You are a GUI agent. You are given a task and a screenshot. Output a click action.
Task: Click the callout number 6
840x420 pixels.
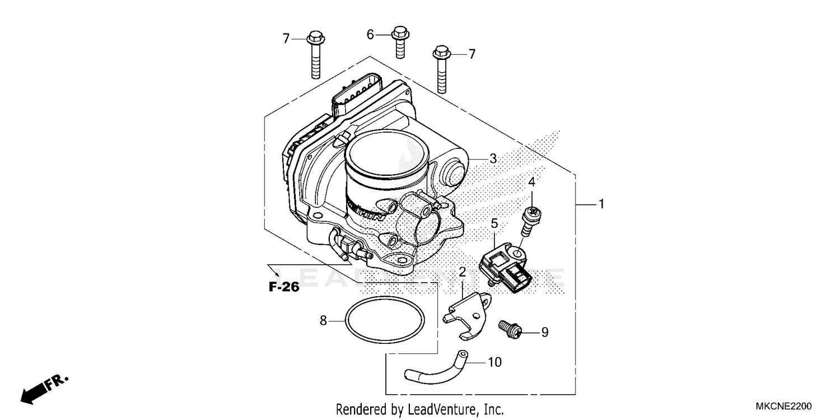[370, 35]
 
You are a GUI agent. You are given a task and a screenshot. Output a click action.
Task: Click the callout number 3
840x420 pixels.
[492, 159]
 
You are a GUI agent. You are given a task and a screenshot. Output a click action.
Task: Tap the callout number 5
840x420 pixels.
[494, 224]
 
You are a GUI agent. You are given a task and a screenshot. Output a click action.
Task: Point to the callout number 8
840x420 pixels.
[323, 321]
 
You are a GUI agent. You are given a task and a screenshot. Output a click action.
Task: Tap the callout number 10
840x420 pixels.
[494, 363]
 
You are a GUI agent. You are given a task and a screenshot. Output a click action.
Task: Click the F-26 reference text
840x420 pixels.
[284, 288]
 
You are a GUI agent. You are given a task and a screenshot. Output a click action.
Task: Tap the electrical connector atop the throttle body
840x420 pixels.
[356, 96]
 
